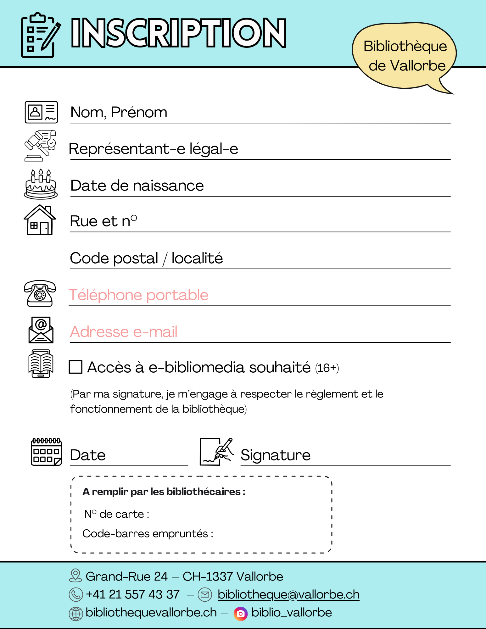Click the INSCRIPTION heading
pos(179,33)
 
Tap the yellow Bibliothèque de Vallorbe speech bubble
pos(405,56)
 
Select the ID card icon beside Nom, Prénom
pos(41,112)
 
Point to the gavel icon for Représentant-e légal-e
pos(40,146)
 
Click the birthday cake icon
pos(41,185)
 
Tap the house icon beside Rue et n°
pos(40,220)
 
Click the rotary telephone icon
pos(40,293)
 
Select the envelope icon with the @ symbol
pos(41,330)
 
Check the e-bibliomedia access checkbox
pos(75,367)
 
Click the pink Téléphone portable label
pos(139,295)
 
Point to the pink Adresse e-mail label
pos(124,332)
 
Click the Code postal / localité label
pos(146,258)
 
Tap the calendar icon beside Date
pos(46,452)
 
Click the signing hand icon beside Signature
pos(217,452)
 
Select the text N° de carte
pos(117,514)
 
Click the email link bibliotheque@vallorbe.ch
pos(288,594)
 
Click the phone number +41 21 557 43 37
pos(132,594)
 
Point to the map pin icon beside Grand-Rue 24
pos(75,576)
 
